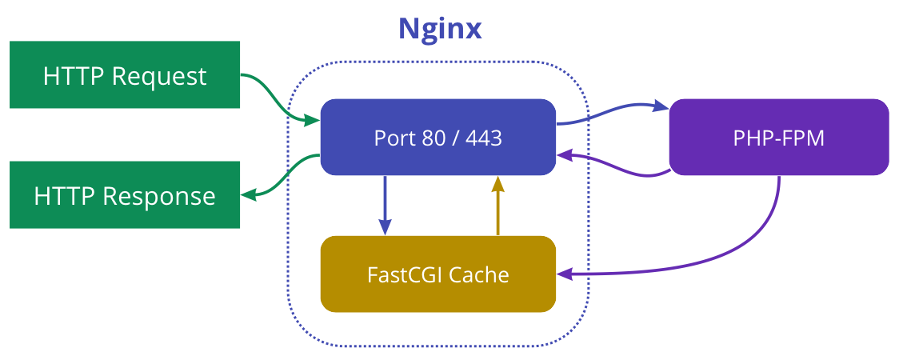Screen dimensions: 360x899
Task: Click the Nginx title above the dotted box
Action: (x=440, y=29)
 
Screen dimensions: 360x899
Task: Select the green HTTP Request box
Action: (x=125, y=75)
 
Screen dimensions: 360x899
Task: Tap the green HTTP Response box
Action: (x=125, y=195)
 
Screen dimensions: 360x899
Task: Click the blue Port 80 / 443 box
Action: (x=438, y=137)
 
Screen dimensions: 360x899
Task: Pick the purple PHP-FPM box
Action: (x=778, y=137)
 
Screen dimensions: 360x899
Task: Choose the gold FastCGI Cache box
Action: (x=438, y=274)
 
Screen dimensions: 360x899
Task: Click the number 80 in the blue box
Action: (x=433, y=138)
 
